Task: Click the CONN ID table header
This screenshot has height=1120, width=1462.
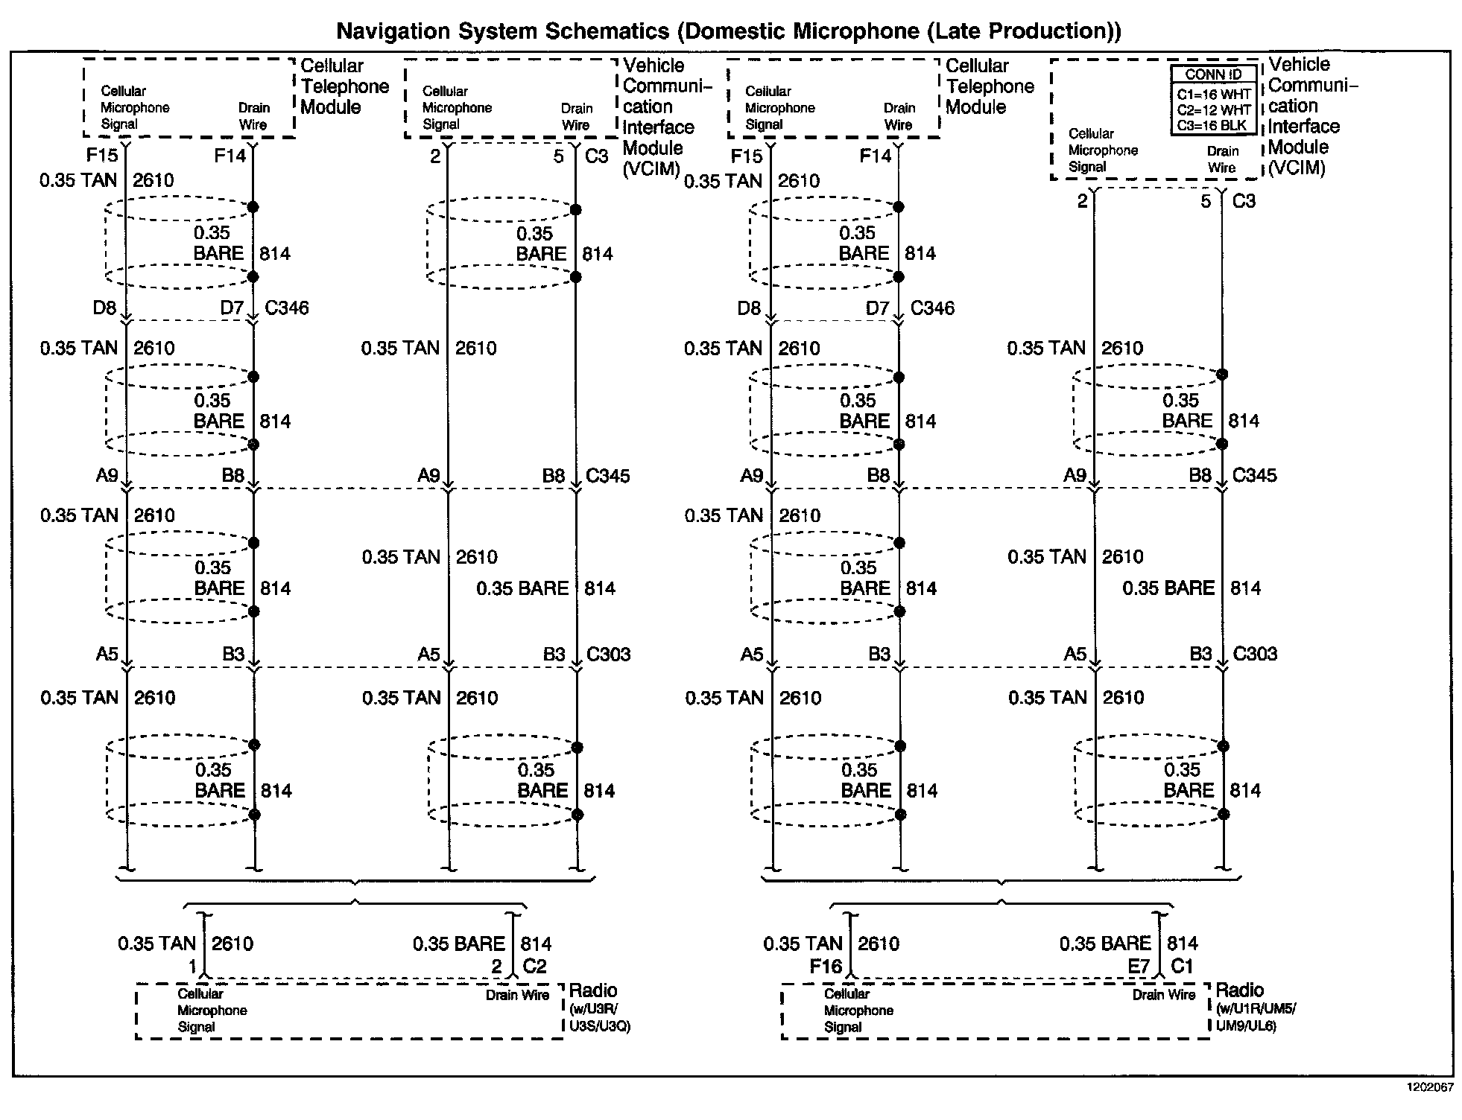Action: (x=1213, y=74)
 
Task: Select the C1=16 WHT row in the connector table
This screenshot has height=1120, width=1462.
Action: (x=1213, y=94)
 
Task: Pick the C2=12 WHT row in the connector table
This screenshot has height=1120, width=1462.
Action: (x=1213, y=109)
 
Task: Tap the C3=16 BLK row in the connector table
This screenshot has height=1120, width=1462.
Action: (x=1213, y=126)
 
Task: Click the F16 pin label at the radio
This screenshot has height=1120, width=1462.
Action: (x=826, y=967)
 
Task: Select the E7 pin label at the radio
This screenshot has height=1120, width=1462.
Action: (x=1139, y=967)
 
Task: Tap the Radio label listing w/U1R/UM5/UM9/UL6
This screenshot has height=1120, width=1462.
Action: (x=1255, y=1008)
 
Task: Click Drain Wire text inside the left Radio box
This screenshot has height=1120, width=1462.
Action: (x=517, y=995)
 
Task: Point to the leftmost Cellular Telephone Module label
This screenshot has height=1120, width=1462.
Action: (x=344, y=86)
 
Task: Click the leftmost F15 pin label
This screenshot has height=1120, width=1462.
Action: (x=102, y=156)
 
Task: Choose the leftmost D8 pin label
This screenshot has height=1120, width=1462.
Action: (x=104, y=308)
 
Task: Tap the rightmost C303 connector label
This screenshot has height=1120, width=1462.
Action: (x=1255, y=654)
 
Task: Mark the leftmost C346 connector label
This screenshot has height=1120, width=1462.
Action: (x=287, y=308)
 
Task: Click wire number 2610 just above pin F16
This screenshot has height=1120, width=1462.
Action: (x=879, y=944)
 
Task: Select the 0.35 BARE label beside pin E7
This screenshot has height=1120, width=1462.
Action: (x=1105, y=944)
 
